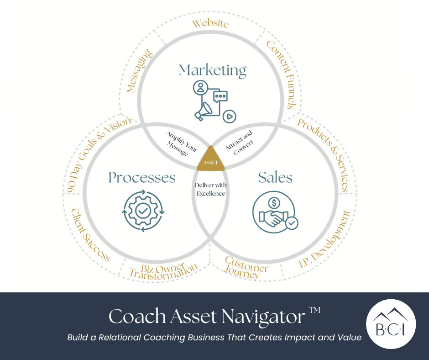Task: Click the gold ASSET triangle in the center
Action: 211,159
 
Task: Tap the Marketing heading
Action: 212,70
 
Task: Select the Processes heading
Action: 142,177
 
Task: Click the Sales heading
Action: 275,177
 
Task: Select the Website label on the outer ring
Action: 210,23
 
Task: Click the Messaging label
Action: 139,72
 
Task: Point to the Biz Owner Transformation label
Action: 163,271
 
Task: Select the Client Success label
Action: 90,235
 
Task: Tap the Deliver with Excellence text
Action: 210,189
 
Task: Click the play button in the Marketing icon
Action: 230,116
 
